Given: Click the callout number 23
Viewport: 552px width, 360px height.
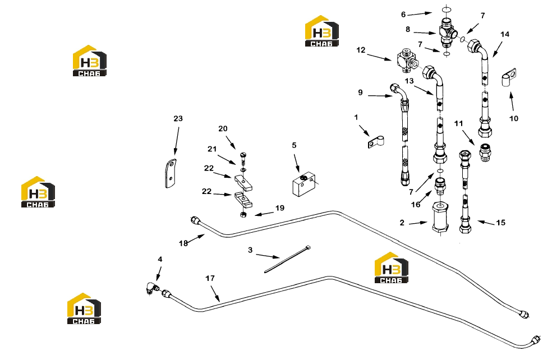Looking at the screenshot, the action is tap(178, 118).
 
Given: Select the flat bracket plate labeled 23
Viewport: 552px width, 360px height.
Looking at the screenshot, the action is tap(171, 173).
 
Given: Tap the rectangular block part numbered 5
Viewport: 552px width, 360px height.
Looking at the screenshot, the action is tap(303, 184).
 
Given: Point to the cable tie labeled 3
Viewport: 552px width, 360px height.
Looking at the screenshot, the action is tap(287, 259).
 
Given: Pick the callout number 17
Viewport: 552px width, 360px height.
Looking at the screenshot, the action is tap(210, 278).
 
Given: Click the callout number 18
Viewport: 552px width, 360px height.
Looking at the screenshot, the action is tap(183, 243).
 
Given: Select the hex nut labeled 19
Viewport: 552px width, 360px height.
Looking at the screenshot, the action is tap(243, 214).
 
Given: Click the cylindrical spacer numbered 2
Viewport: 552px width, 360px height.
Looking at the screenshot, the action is tap(440, 217).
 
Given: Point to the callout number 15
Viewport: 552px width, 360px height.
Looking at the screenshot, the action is tap(500, 223).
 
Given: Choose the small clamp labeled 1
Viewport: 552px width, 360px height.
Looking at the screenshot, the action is tap(376, 142).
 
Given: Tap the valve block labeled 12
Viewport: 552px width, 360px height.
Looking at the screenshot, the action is tap(406, 61).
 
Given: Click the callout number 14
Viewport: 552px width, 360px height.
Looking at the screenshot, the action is tap(505, 34).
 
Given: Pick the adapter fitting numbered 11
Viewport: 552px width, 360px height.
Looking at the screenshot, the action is tap(485, 153).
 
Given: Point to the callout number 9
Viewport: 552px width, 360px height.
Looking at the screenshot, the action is tap(360, 92).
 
